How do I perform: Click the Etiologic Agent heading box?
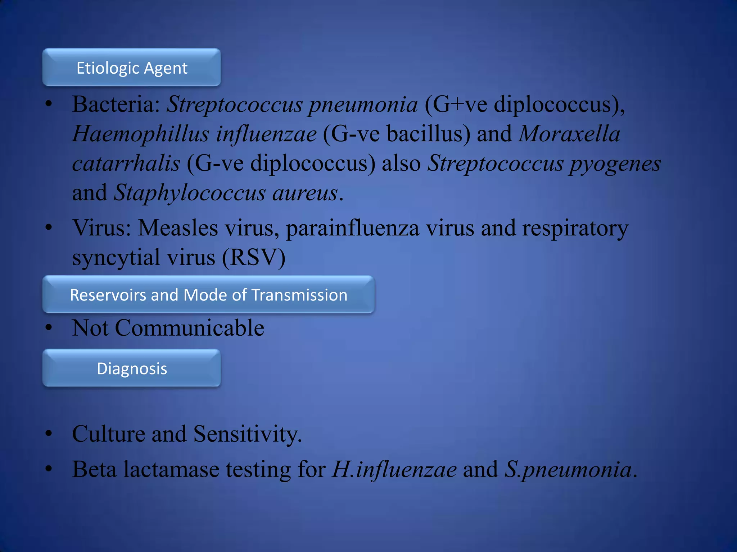tap(132, 68)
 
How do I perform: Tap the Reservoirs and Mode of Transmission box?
tap(208, 295)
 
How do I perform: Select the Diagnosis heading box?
tap(132, 368)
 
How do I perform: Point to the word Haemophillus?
tap(140, 134)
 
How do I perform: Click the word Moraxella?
tap(569, 134)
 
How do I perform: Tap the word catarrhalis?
tap(126, 164)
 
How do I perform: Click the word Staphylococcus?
tap(190, 193)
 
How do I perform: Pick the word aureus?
tap(305, 193)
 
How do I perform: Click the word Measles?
tap(178, 229)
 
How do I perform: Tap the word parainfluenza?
tap(352, 229)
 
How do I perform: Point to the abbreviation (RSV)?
tap(253, 258)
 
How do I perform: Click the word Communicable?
tap(190, 328)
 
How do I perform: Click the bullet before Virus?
tap(49, 228)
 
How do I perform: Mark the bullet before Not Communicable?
tap(49, 328)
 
